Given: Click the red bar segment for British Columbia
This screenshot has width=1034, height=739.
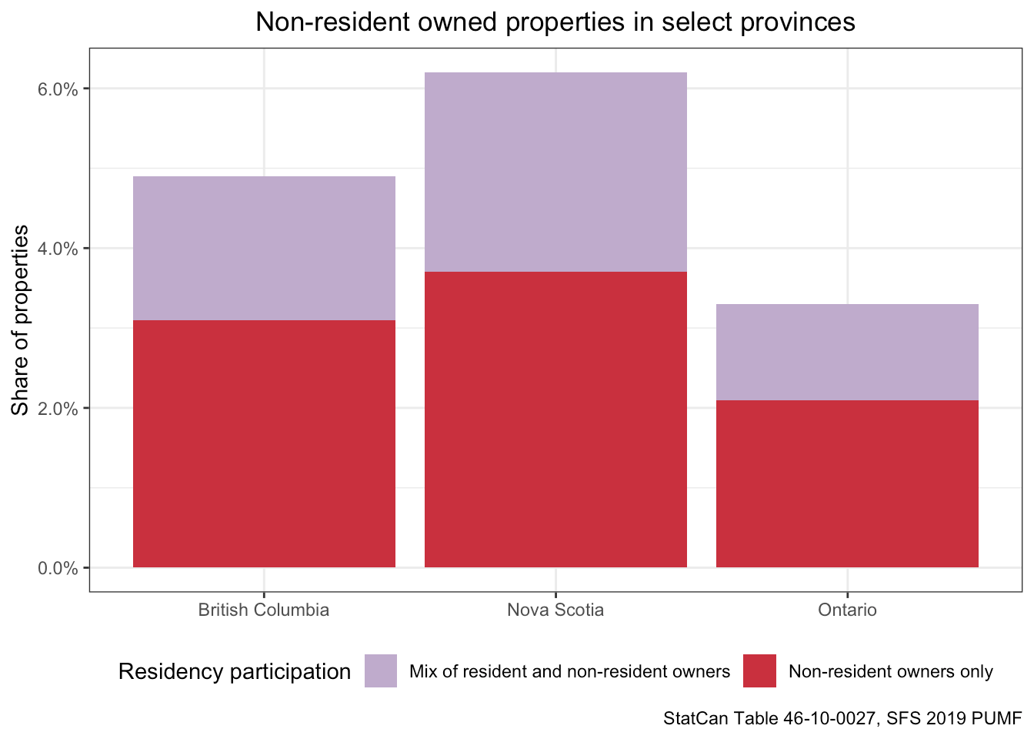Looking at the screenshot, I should [264, 443].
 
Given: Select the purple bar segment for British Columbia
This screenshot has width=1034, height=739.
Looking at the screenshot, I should [264, 248].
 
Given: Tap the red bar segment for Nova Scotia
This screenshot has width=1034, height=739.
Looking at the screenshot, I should [555, 420].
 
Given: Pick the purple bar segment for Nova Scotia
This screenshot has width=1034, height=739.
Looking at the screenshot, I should [555, 172].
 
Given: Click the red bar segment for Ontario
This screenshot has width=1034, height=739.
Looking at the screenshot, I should [847, 483].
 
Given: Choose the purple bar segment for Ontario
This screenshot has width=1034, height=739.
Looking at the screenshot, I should [847, 352].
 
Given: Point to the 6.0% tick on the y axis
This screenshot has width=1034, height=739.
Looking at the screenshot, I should [58, 89].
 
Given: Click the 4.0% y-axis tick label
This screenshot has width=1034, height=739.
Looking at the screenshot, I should [58, 249].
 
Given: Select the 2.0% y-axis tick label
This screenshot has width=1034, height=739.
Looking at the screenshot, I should [58, 409].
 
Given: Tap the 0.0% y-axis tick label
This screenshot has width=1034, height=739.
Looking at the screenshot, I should [58, 568].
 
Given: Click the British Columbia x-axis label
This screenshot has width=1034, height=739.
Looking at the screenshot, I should [264, 610].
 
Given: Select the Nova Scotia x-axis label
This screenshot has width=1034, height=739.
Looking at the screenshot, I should [555, 610].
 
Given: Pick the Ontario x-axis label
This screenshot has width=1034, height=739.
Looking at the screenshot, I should [847, 610].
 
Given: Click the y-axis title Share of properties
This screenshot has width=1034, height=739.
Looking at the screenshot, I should [21, 319].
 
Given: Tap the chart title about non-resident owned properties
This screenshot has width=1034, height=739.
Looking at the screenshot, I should [555, 22].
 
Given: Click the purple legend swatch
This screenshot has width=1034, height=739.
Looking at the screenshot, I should [381, 671].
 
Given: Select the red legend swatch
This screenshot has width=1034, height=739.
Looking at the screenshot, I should [759, 671].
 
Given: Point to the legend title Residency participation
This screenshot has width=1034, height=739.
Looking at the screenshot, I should [235, 671].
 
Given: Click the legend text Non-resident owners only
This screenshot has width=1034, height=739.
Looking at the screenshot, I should [891, 672].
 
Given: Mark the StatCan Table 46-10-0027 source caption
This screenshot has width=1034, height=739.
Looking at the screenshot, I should [842, 718].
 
